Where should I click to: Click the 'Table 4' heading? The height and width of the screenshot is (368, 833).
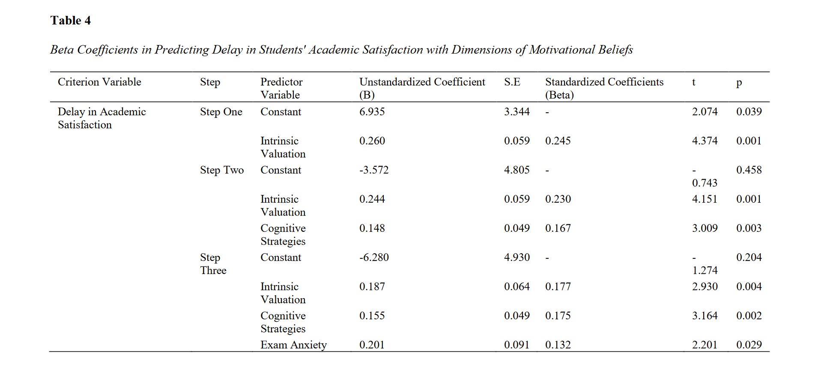click(70, 21)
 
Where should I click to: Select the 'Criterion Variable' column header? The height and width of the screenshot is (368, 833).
click(99, 82)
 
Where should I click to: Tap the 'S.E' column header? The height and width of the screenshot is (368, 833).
click(512, 82)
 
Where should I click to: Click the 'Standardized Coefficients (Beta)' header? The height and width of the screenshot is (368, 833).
click(604, 88)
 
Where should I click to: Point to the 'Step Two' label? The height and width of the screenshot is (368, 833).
click(221, 170)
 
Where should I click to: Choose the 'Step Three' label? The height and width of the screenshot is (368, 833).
click(213, 264)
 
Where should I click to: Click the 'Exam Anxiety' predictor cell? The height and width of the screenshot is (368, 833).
click(293, 345)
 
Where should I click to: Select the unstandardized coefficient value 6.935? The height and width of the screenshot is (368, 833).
click(372, 112)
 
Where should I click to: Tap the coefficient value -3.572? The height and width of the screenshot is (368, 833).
click(373, 170)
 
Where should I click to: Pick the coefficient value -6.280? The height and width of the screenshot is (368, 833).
click(373, 257)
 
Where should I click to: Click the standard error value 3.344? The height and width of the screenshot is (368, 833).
click(517, 112)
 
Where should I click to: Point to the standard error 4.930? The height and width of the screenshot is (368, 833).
click(517, 257)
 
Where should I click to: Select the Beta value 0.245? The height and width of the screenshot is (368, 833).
click(558, 141)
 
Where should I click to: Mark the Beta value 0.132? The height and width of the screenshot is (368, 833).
click(558, 345)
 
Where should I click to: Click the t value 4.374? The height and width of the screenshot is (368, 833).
click(705, 141)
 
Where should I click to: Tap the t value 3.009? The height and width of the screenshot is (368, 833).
click(705, 228)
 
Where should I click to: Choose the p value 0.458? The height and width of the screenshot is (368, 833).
click(749, 170)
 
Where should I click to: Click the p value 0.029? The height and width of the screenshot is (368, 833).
click(749, 345)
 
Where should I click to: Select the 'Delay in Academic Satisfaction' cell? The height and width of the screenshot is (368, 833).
click(102, 118)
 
